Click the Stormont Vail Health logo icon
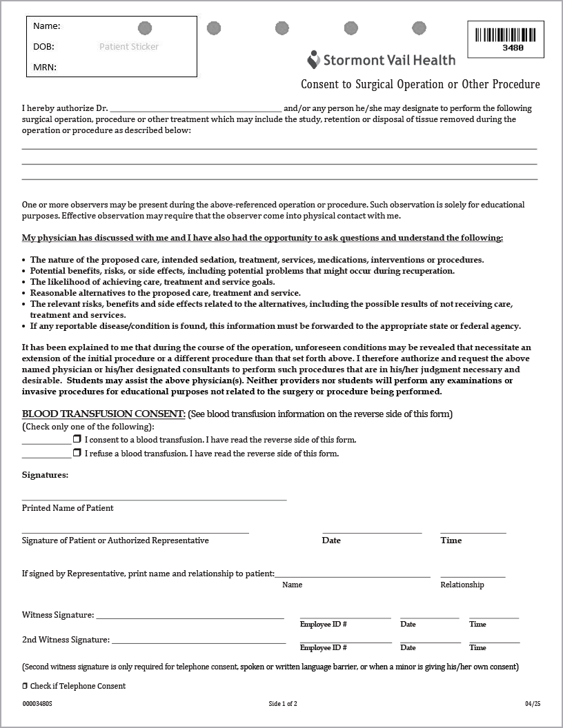[314, 60]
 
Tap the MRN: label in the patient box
[45, 68]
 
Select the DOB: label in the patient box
[43, 47]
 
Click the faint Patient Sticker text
[129, 47]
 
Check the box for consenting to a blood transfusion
[77, 439]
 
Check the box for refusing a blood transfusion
[77, 453]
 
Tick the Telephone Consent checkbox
[25, 686]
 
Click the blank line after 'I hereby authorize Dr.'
[195, 108]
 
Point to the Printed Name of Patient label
[68, 508]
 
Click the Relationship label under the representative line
[462, 585]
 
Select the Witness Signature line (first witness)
[189, 616]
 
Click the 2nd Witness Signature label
[66, 640]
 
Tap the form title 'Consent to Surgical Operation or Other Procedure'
[420, 85]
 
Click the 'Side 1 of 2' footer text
[283, 704]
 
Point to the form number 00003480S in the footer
[37, 704]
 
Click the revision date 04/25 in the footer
[533, 704]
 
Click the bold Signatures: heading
[45, 475]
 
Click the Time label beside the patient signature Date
[451, 540]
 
